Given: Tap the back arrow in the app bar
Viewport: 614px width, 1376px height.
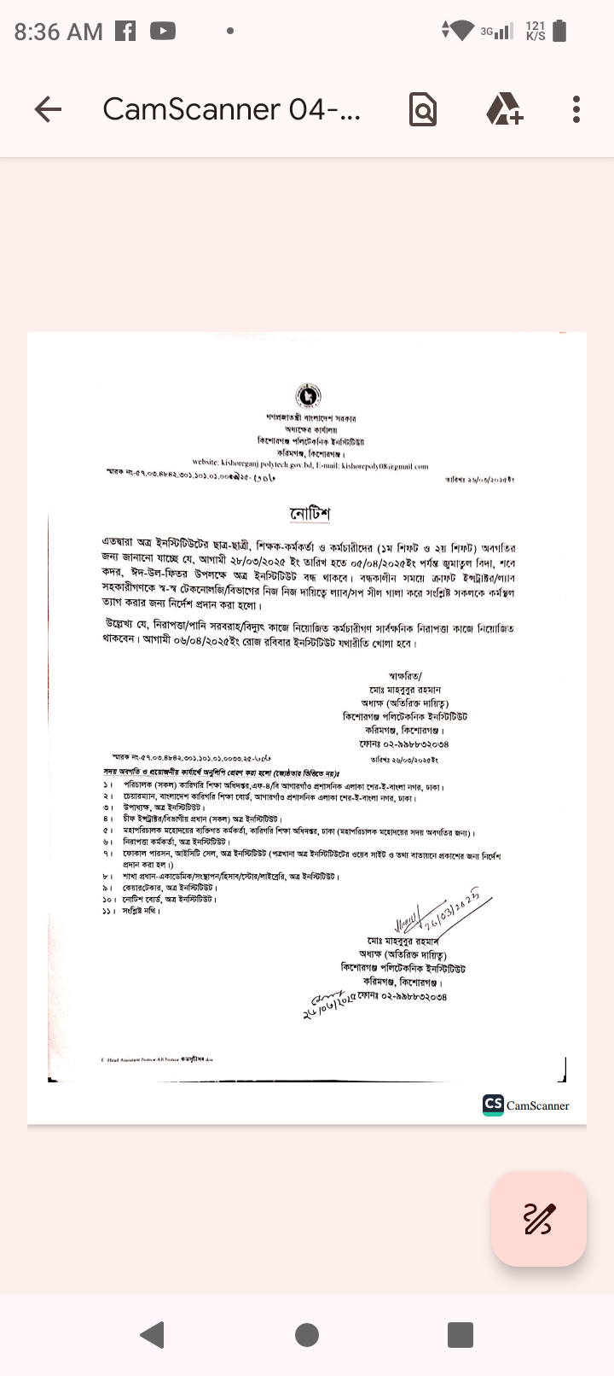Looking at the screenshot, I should coord(49,109).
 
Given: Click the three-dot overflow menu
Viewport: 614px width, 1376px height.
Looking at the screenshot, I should coord(576,109).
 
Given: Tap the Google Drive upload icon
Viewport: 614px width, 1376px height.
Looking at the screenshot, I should coord(504,109).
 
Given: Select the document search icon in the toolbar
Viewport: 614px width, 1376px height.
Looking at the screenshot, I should coord(423,109).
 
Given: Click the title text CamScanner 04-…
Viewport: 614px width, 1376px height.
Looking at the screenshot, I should coord(231,109).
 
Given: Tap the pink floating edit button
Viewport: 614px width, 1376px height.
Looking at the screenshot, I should coord(539,1219).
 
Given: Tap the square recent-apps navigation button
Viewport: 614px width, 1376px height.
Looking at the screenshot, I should coord(460,1334).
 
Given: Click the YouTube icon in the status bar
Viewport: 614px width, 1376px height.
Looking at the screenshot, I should coord(163,32).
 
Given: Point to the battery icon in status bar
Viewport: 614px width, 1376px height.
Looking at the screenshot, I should coord(559,32).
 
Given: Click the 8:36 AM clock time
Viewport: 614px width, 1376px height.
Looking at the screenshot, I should coord(58,32).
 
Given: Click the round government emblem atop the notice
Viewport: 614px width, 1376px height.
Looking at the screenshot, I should coord(308,396).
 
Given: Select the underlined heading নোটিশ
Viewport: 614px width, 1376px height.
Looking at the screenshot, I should coord(310,513).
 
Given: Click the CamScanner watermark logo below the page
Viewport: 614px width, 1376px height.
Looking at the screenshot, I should coord(526,1105).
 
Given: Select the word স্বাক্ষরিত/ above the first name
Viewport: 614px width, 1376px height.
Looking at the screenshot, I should coord(405,676).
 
